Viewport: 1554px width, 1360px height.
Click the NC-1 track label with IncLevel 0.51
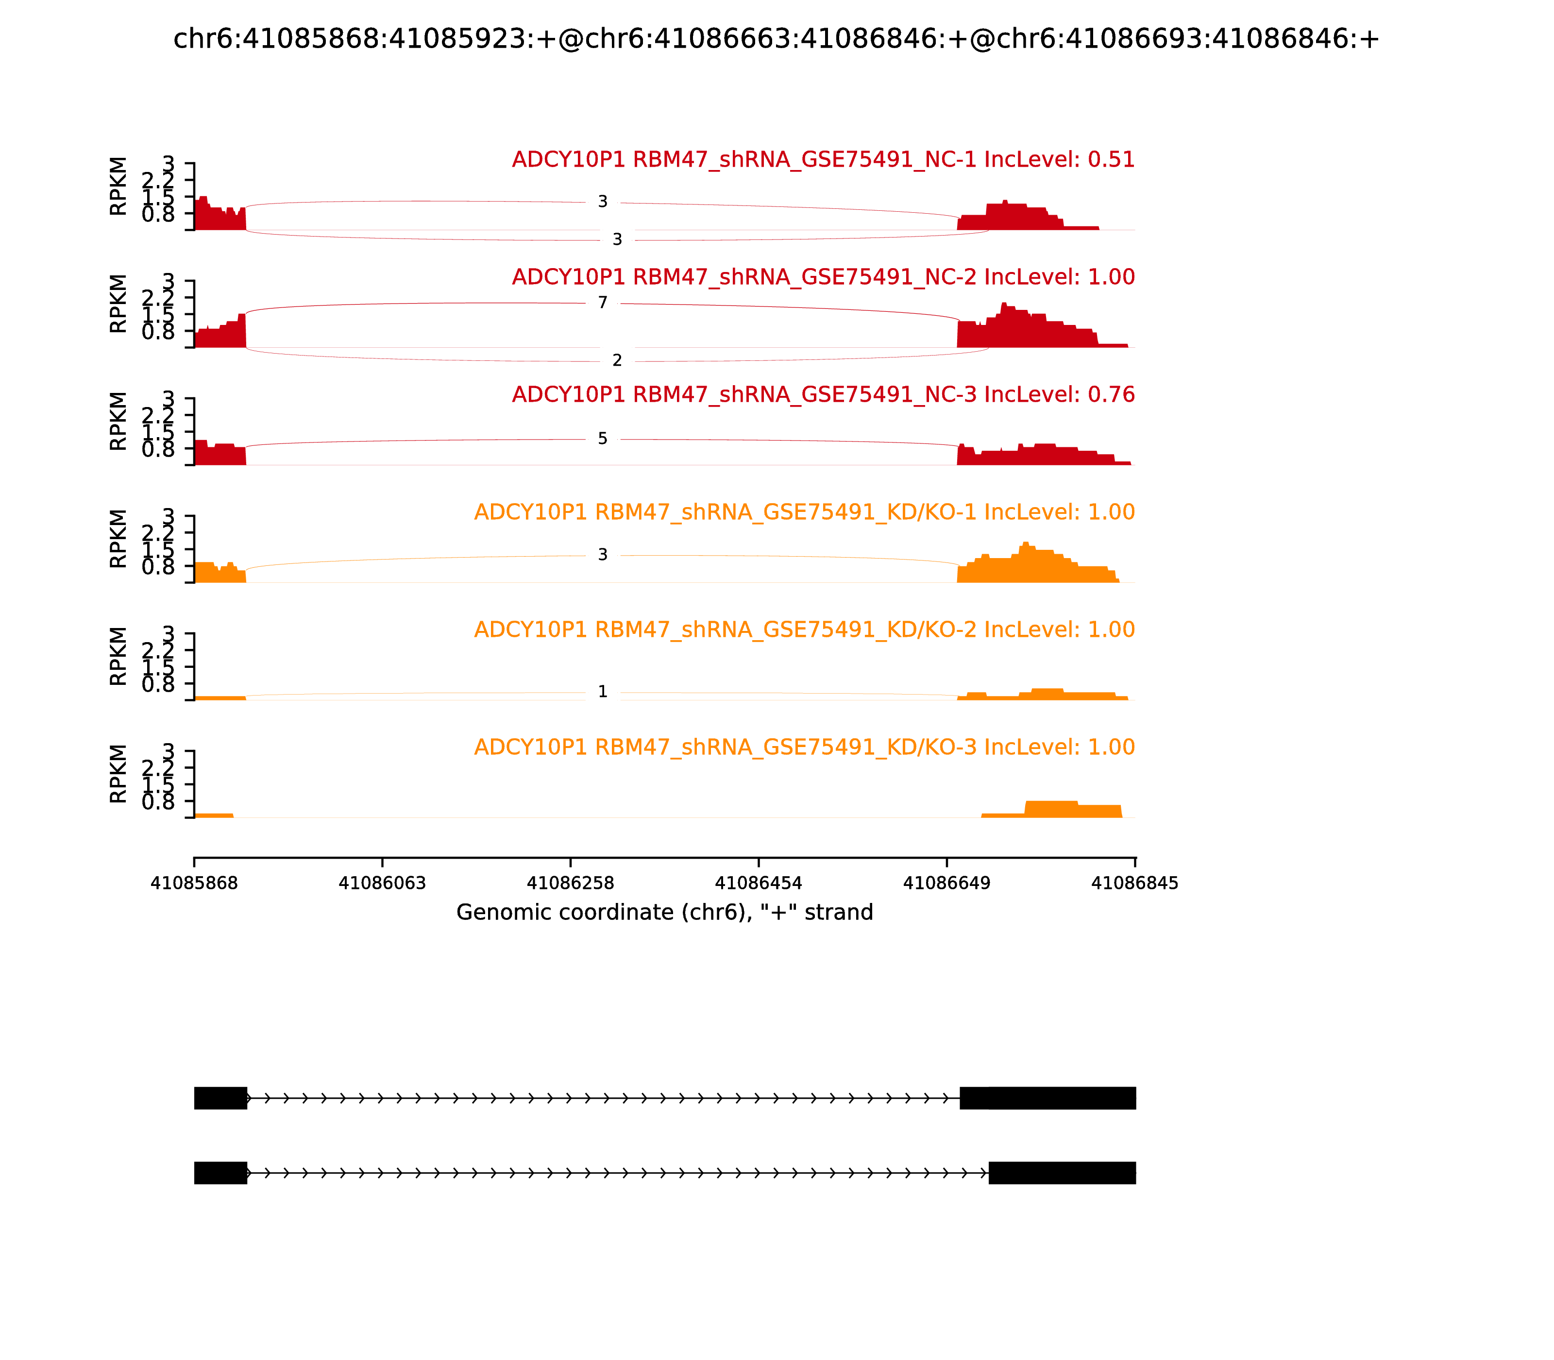[x=823, y=160]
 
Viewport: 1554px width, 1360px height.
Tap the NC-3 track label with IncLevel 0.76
[x=823, y=394]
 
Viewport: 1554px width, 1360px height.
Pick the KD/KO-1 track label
[x=804, y=512]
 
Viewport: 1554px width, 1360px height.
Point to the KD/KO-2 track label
[x=804, y=630]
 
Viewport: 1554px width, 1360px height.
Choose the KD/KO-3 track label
[x=804, y=748]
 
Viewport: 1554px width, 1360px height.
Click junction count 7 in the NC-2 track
[x=603, y=303]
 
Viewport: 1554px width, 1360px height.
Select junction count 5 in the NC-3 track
[x=603, y=439]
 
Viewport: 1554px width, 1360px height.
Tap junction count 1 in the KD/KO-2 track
[x=603, y=691]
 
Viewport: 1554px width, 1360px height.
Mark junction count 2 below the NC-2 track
[x=617, y=360]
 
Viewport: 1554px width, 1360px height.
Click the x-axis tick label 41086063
[x=383, y=884]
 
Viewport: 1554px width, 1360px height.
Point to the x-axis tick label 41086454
[x=758, y=884]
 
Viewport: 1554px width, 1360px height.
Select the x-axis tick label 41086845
[x=1134, y=884]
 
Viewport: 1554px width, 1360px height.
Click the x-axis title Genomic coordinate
[x=665, y=912]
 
